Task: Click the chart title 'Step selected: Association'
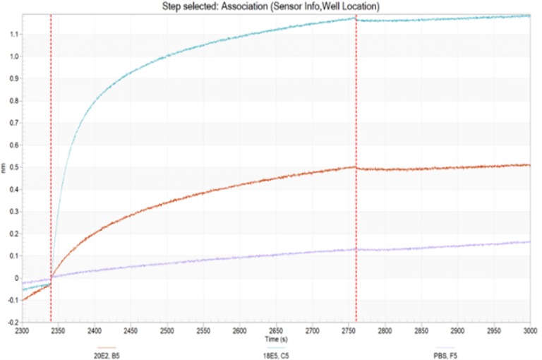pyautogui.click(x=272, y=6)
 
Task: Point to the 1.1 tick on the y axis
pyautogui.click(x=14, y=35)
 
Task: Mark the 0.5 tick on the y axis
pyautogui.click(x=14, y=167)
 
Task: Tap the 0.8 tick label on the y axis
pyautogui.click(x=14, y=101)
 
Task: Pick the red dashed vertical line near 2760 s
pyautogui.click(x=356, y=212)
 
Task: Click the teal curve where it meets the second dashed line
pyautogui.click(x=356, y=19)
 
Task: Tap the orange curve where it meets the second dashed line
pyautogui.click(x=356, y=167)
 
